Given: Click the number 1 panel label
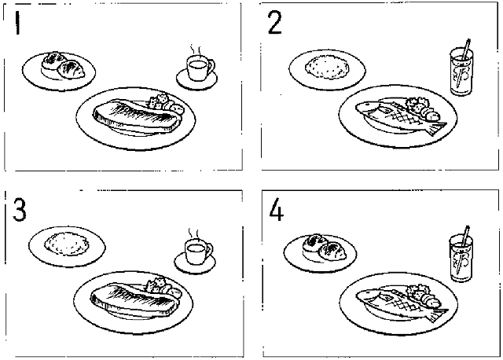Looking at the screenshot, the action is [17, 23].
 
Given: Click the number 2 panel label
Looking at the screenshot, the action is [275, 22].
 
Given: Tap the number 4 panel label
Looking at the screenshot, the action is [276, 210].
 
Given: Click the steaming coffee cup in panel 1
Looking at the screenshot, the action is [200, 68].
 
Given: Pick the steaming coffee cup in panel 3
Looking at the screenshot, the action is [197, 252].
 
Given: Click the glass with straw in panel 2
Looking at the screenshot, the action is [461, 72].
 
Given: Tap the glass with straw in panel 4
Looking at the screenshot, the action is [461, 257].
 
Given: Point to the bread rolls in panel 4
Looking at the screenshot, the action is [325, 248].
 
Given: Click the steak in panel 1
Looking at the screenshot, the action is [136, 116].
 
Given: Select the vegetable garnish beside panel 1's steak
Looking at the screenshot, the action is [166, 103].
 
